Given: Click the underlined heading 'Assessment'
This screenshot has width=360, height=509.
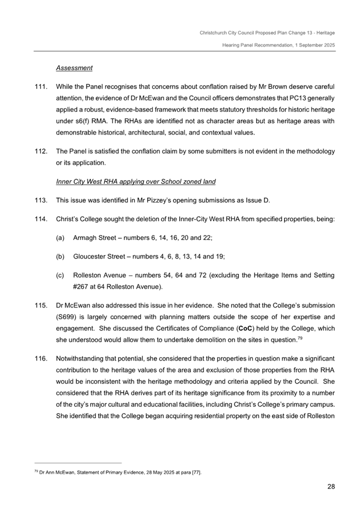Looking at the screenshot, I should click(74, 68).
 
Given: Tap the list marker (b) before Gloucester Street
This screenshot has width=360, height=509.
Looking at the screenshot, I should click(60, 257).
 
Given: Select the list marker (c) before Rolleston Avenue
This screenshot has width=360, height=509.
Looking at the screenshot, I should click(60, 276).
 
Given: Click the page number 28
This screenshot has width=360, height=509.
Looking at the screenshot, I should click(331, 486).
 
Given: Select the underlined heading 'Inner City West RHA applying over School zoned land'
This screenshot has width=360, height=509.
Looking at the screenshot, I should click(135, 182).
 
